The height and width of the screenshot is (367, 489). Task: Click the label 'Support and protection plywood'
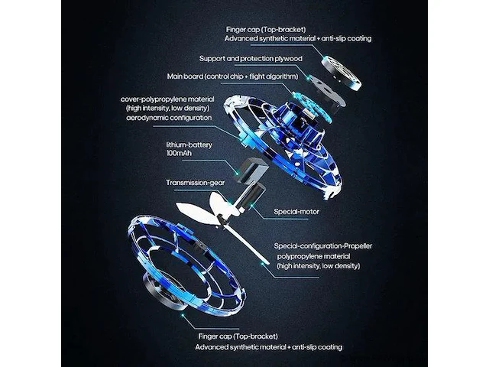[251, 59]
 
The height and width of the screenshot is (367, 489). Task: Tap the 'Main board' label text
[185, 76]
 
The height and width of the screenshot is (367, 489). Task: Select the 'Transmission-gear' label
[196, 183]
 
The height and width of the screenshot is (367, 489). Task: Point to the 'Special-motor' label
[296, 212]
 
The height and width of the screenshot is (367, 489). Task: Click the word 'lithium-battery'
[189, 145]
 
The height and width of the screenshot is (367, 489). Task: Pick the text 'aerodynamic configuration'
[169, 118]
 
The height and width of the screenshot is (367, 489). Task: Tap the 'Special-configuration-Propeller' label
[323, 246]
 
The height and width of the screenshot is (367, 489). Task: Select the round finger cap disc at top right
[341, 73]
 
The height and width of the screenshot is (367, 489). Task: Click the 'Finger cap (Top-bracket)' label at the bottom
[238, 336]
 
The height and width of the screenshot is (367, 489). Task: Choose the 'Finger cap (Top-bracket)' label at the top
[266, 30]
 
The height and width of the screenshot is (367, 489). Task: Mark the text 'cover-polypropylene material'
[167, 99]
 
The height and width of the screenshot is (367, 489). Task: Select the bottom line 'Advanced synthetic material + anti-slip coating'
[269, 347]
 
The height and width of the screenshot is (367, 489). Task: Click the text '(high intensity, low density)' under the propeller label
[319, 266]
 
